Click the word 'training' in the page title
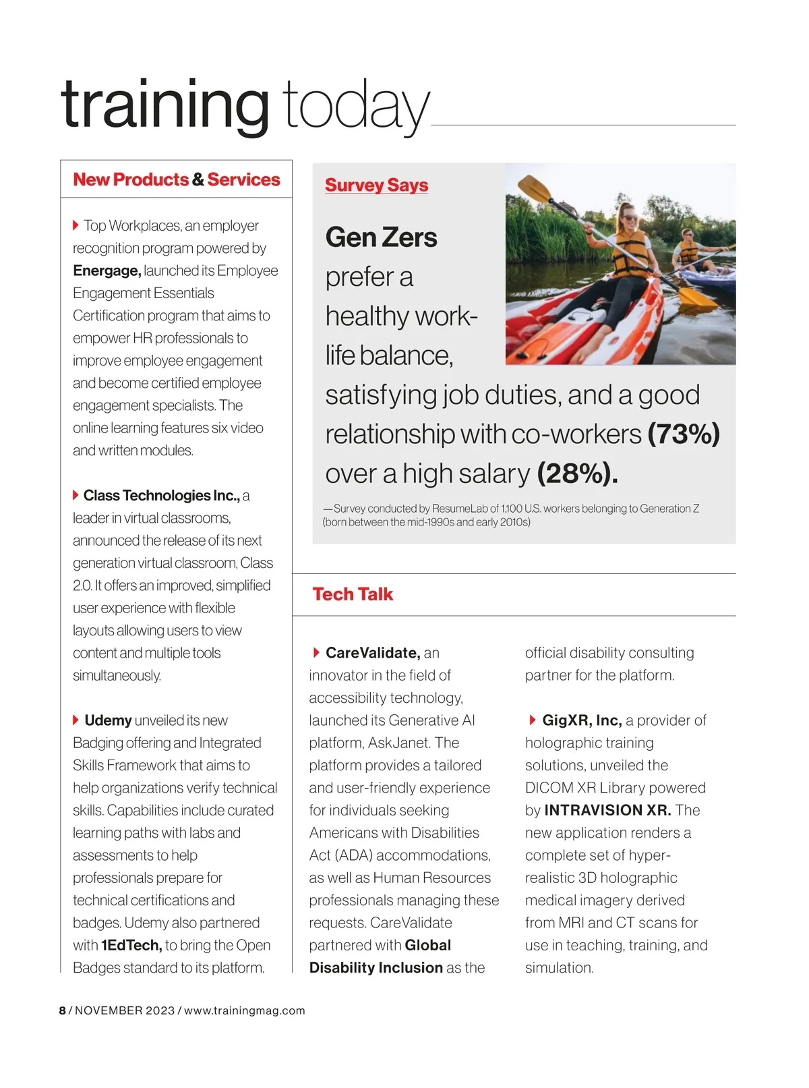pos(165,105)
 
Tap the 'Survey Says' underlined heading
pos(376,185)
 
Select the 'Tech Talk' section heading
pos(353,594)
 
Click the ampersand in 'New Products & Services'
pos(198,180)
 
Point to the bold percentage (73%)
pos(684,434)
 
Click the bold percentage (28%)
pos(577,474)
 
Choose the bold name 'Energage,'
pos(107,270)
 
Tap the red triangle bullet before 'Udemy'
pos(76,720)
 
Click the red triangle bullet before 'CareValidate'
pos(316,652)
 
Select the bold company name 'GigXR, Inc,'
pos(582,720)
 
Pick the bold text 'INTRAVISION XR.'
pos(607,810)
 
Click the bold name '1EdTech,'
pos(131,945)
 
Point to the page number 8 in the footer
pos(63,1010)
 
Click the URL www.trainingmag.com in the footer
pos(245,1010)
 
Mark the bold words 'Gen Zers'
pos(381,237)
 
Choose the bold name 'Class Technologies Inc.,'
pos(161,496)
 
